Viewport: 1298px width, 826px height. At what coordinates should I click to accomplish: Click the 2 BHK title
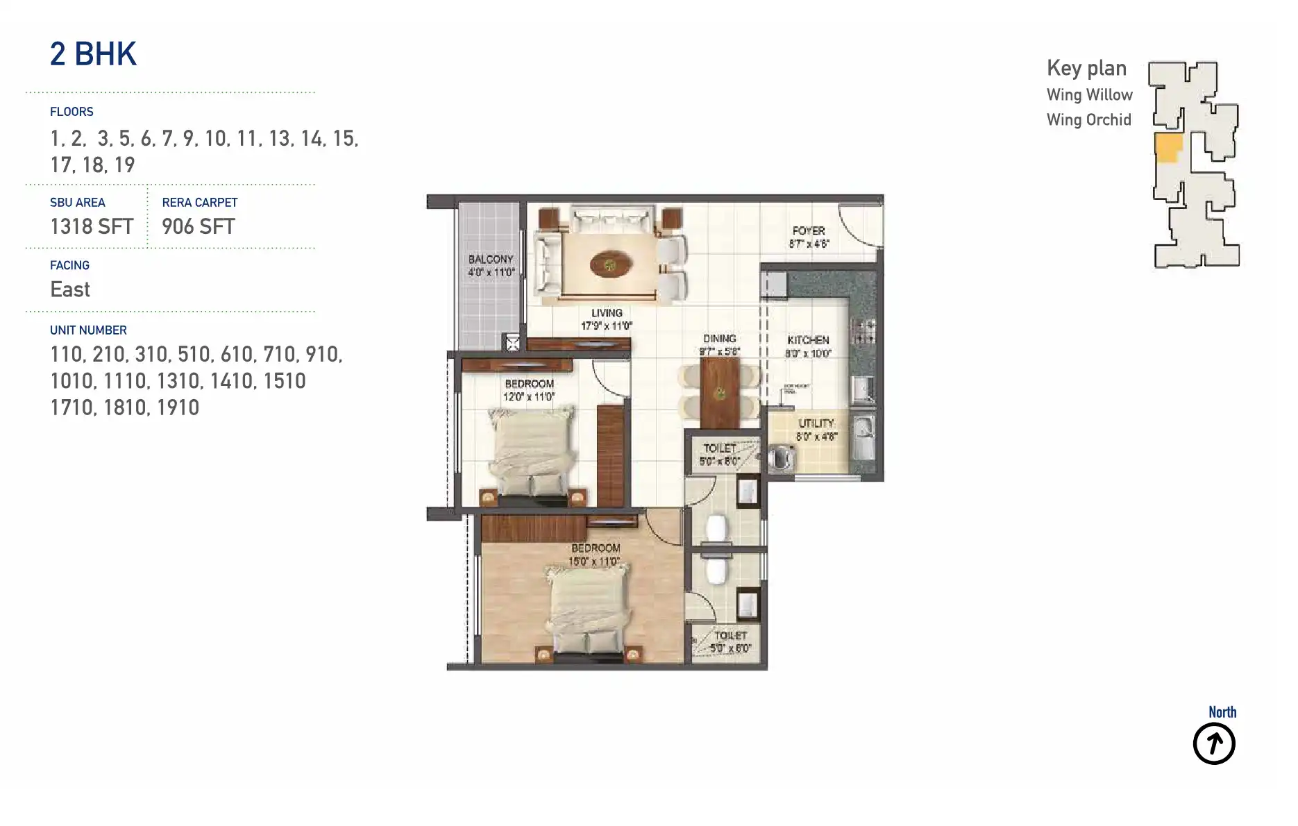[93, 54]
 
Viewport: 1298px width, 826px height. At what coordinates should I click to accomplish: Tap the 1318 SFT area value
[92, 226]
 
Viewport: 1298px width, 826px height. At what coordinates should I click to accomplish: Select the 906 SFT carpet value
[199, 226]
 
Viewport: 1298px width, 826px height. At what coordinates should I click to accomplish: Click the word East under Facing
[70, 289]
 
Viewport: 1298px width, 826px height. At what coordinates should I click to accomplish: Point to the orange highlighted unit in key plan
[1168, 148]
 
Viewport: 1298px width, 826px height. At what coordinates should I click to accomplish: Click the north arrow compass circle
[1213, 744]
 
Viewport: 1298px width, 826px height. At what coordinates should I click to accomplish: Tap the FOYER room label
[809, 230]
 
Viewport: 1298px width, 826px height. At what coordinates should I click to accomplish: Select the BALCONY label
[491, 259]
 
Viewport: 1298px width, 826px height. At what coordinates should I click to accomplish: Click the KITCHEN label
[808, 340]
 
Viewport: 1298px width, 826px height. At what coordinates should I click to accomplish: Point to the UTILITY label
[816, 423]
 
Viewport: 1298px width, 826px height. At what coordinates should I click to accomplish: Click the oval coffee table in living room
[611, 264]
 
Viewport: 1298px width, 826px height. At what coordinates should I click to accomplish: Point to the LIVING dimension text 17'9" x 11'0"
[607, 326]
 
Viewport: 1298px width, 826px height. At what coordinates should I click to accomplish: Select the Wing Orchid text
[1088, 119]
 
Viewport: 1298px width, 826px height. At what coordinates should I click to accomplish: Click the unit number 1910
[178, 407]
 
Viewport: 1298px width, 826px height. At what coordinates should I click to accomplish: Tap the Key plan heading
[1086, 68]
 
